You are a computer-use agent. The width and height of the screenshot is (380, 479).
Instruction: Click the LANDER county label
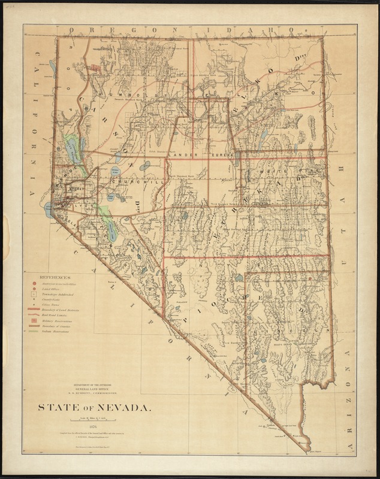pyautogui.click(x=183, y=155)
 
